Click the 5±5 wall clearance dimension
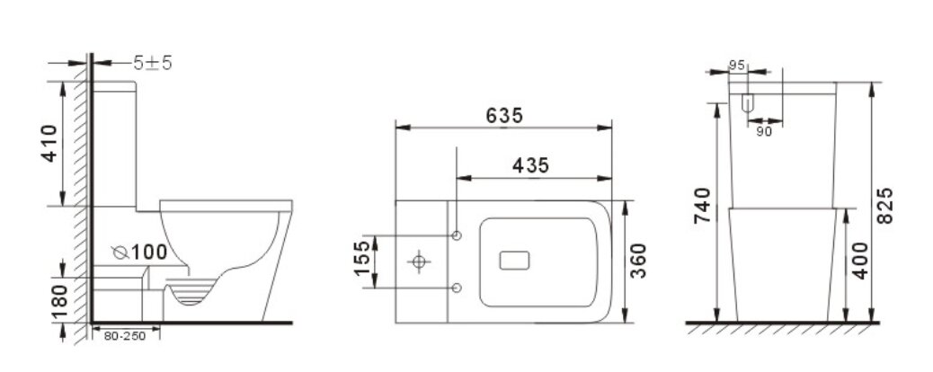[153, 64]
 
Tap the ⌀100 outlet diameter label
[141, 252]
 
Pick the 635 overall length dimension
[504, 115]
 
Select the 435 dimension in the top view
[531, 165]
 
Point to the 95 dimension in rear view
[737, 65]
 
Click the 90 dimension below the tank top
[764, 131]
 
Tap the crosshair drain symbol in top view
[419, 261]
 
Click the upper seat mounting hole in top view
[457, 235]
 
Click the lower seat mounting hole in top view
[457, 288]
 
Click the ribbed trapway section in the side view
[191, 294]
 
